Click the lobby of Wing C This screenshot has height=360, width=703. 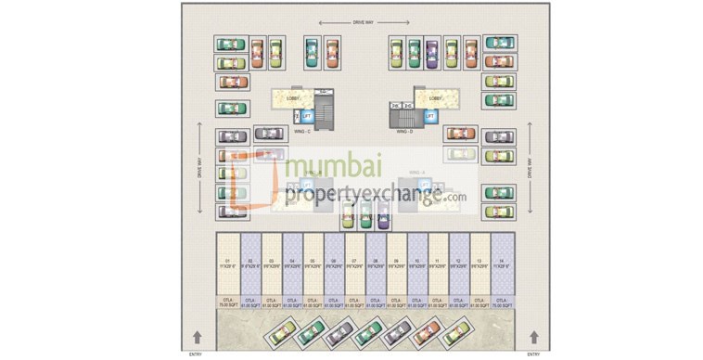(x=294, y=97)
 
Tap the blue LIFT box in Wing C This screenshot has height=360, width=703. (x=308, y=116)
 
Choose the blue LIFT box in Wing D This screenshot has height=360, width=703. (x=429, y=116)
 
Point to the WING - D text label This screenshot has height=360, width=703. (x=404, y=132)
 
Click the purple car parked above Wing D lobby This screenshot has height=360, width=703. (x=431, y=54)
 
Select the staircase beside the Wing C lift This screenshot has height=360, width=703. (x=324, y=116)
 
